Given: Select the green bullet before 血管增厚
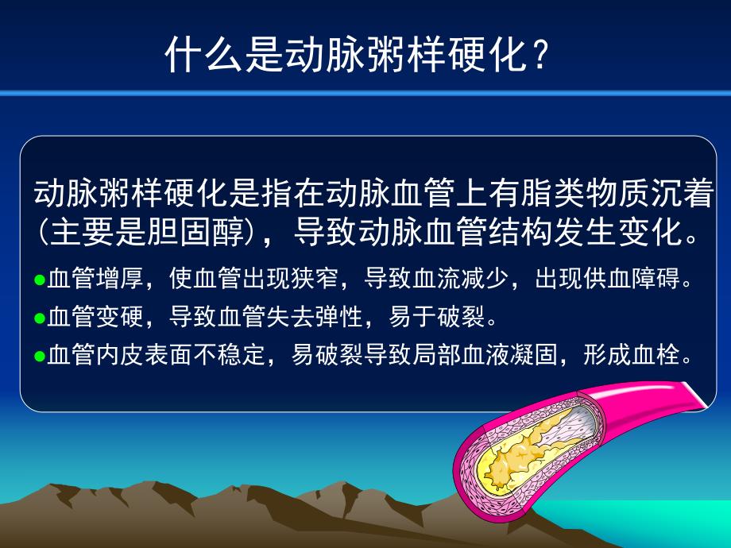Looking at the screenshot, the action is point(40,281).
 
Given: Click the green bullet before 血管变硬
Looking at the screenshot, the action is point(40,318).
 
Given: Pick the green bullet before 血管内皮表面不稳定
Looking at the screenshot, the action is point(40,356).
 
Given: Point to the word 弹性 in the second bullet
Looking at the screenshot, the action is point(338,318).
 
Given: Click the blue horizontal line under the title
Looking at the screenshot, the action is point(365,95).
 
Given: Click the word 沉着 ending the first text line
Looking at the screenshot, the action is point(686,193).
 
